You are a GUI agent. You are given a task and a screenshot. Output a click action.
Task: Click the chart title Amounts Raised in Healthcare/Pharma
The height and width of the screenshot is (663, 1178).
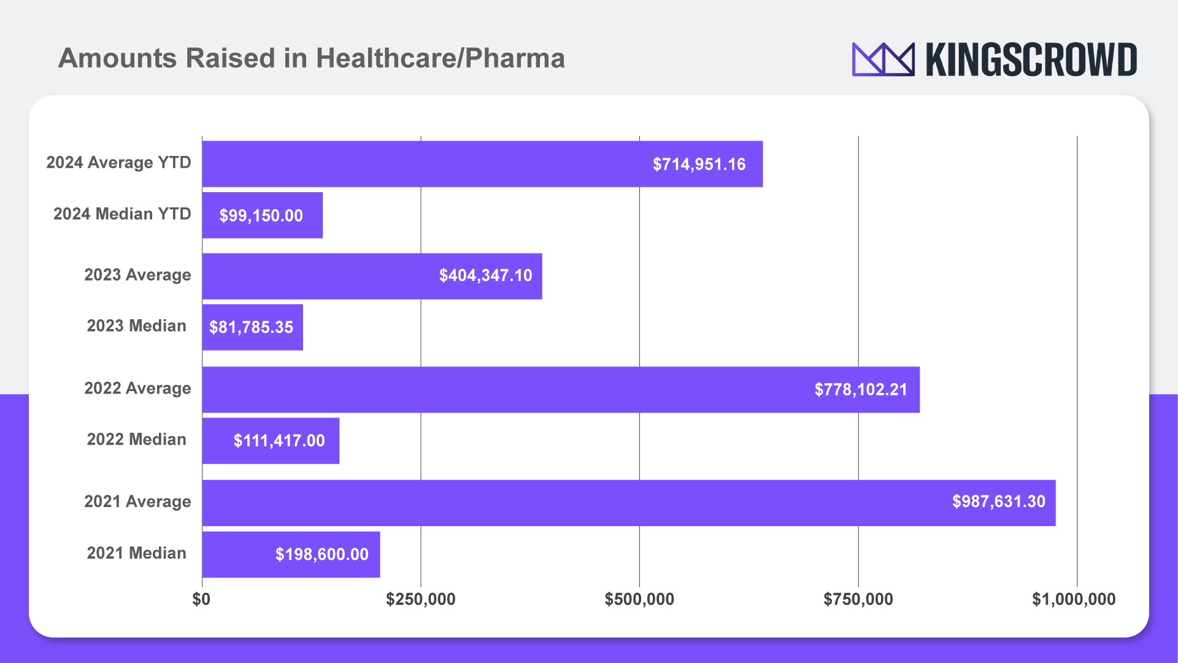311,58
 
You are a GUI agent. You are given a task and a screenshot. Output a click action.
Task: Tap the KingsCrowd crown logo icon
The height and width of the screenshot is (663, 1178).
883,59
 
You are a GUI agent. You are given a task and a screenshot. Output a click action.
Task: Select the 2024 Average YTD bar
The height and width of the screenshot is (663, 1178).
429,164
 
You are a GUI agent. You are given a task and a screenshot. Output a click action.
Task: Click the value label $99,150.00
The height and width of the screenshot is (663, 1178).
261,215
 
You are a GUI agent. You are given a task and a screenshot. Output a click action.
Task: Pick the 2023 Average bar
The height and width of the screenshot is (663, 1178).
319,276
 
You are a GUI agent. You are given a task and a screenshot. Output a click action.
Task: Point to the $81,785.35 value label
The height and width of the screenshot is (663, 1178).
251,327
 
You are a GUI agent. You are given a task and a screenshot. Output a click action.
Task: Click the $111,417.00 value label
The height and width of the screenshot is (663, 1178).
279,441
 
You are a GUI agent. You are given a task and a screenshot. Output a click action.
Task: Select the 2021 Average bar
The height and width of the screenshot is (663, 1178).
552,503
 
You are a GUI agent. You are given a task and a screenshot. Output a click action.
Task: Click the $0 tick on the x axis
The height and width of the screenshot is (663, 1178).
201,599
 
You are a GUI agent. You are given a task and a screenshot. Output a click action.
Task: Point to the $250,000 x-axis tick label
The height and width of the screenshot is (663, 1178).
420,599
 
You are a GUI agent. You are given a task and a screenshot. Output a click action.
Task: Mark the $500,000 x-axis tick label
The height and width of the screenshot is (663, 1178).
639,599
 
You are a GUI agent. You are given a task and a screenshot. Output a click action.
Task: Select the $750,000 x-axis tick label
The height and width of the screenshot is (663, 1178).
858,599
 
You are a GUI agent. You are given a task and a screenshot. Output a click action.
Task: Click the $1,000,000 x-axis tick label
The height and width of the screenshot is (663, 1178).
1073,599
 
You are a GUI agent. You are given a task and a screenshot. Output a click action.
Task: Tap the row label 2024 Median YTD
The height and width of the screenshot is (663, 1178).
122,214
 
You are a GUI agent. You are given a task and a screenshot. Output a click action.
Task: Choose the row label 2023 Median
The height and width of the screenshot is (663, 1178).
136,325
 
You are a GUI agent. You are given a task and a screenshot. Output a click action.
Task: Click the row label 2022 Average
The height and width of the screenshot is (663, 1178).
137,388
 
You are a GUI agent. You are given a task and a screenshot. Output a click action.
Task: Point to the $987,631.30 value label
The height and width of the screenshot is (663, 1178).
998,502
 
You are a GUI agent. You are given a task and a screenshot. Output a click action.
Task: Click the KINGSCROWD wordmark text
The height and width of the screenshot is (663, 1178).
1031,60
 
